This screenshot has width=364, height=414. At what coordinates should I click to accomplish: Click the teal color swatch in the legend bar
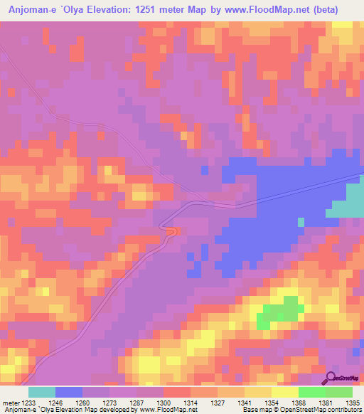(41, 392)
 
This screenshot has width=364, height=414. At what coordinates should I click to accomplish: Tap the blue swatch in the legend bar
(69, 392)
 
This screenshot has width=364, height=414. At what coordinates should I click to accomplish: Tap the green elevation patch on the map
(279, 312)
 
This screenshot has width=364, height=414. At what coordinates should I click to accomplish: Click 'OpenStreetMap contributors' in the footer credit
(324, 410)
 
